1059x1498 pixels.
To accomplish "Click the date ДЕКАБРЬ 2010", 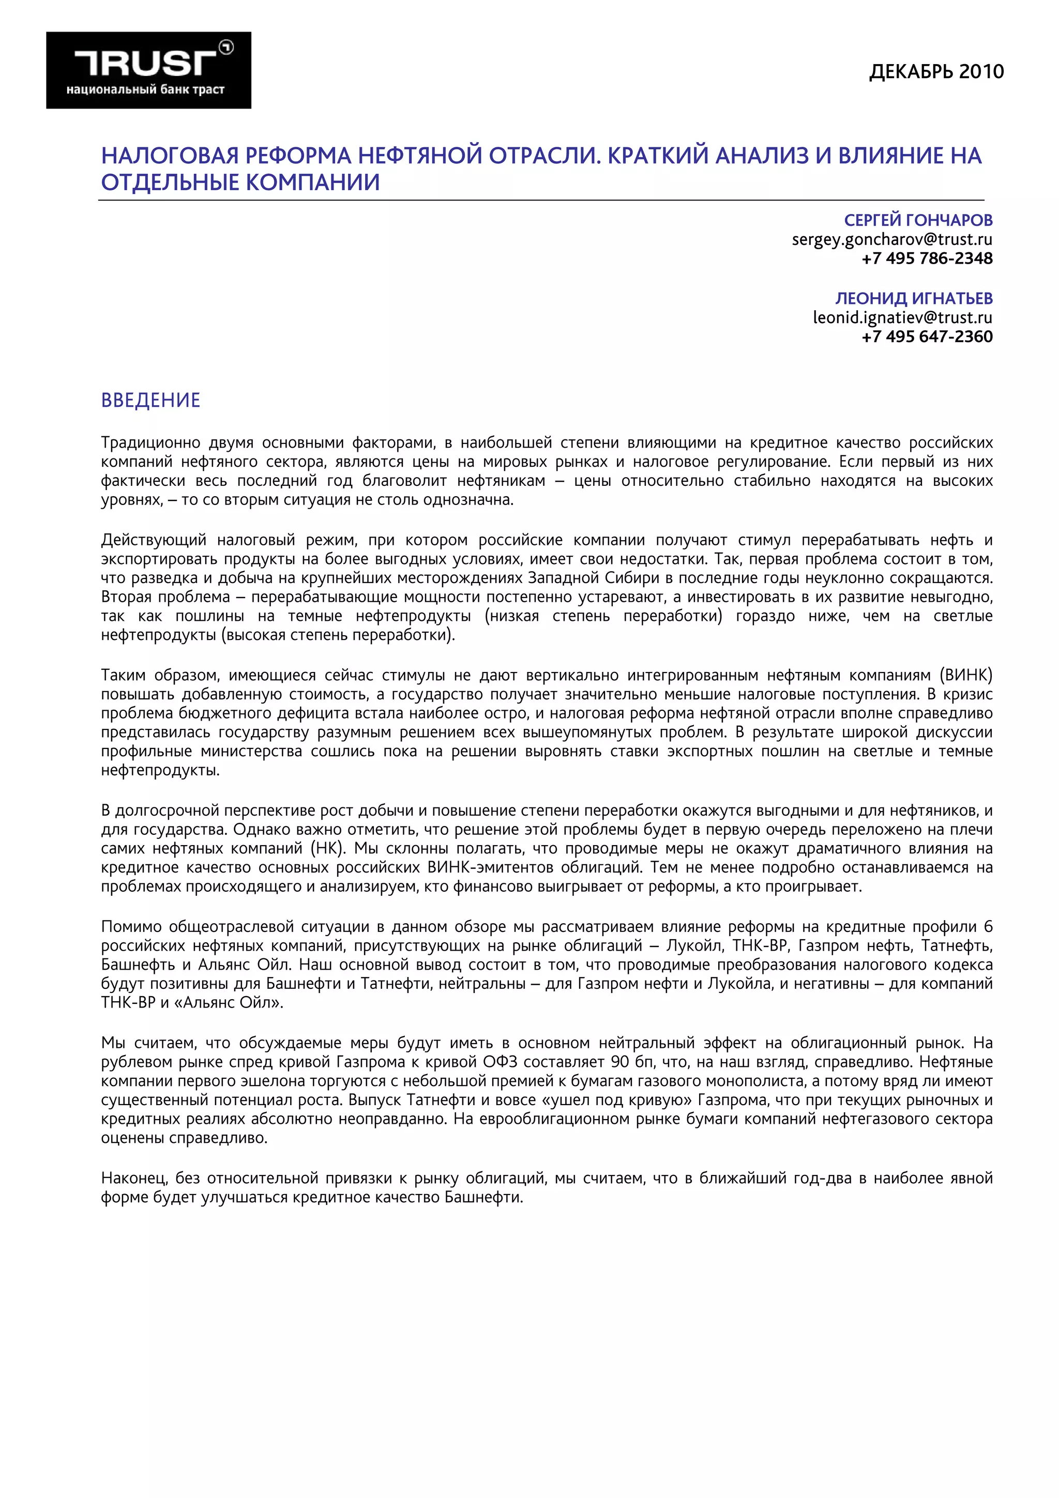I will click(936, 71).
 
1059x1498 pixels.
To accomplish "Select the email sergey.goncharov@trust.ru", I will click(891, 239).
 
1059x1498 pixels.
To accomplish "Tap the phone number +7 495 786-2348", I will click(927, 258).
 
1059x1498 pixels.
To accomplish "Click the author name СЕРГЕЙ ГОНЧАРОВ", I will click(918, 221).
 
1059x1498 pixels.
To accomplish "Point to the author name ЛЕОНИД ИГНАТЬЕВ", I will click(914, 298).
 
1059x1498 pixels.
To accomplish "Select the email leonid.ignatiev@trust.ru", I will click(902, 318).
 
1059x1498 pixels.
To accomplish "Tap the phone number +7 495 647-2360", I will click(927, 337).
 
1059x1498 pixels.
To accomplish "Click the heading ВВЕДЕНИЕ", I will click(150, 400).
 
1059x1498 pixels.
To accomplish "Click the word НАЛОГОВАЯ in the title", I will click(169, 156).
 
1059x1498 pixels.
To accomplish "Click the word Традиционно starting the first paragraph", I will click(150, 443).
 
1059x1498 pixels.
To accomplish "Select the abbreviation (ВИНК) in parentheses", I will click(966, 675).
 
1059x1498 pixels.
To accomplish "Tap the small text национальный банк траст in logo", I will click(145, 89).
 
